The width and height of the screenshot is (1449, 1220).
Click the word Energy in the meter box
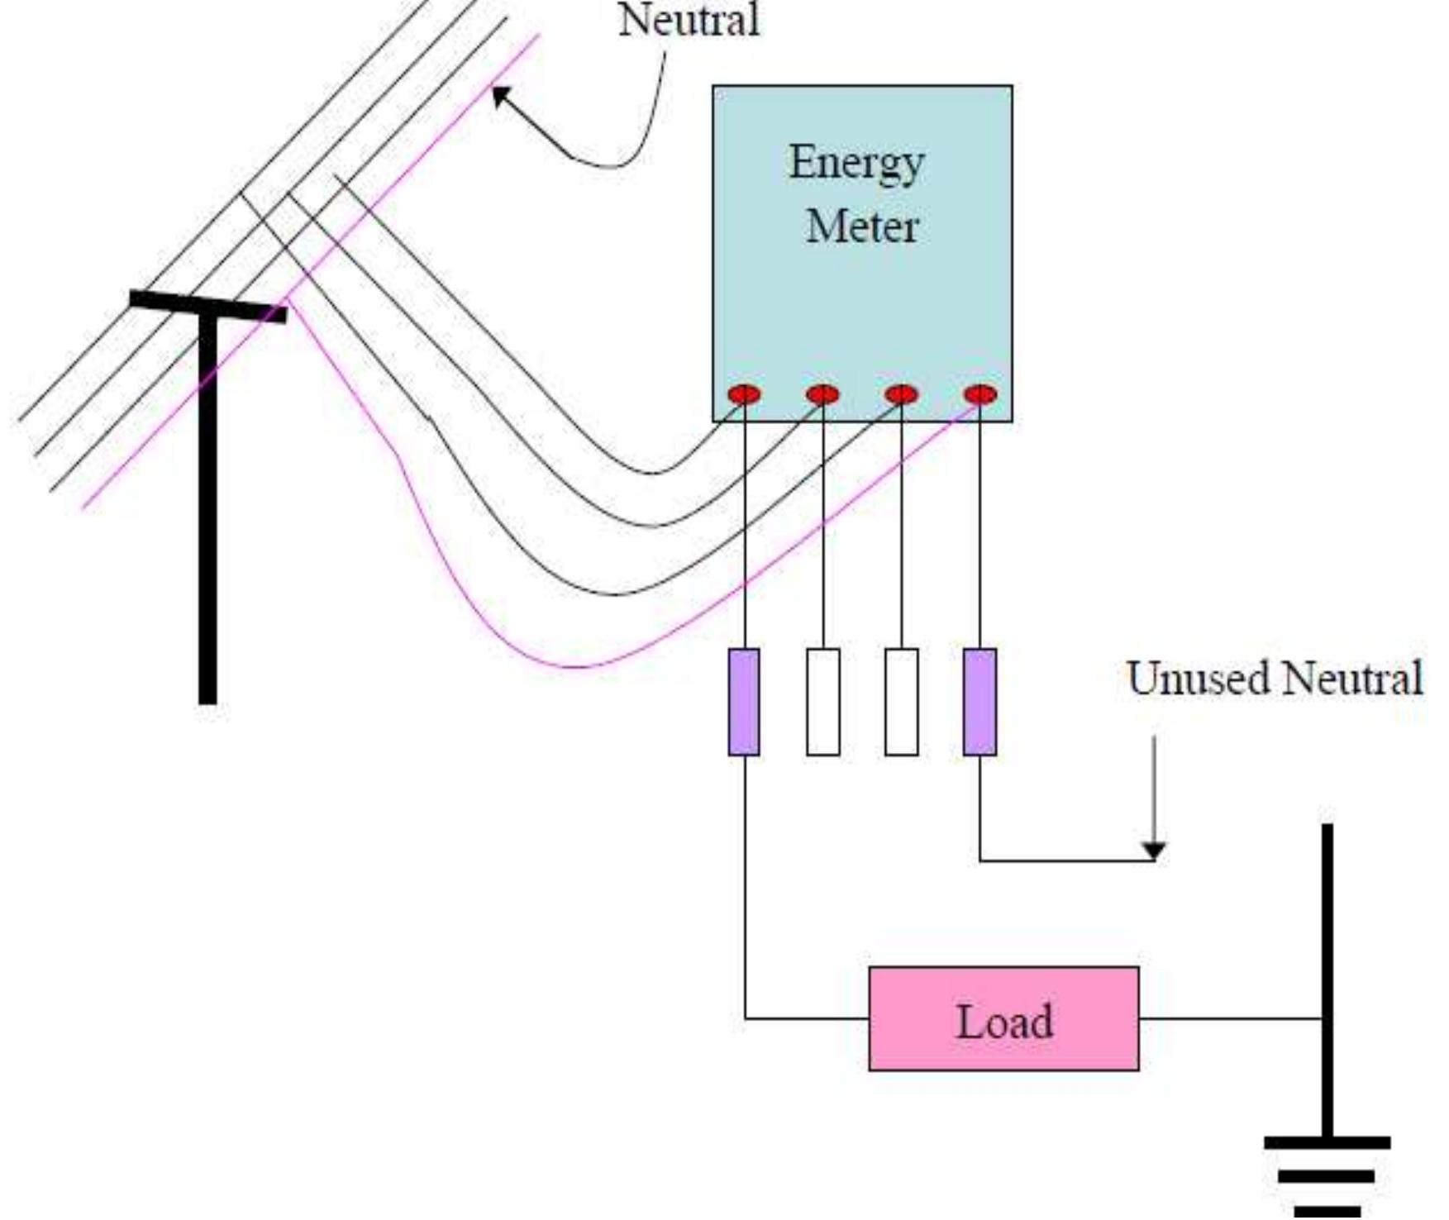pyautogui.click(x=856, y=164)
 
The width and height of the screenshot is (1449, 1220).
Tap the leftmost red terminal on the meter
pyautogui.click(x=744, y=394)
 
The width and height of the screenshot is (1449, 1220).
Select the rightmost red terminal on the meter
pyautogui.click(x=980, y=394)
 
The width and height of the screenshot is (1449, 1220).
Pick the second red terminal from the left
pyautogui.click(x=822, y=394)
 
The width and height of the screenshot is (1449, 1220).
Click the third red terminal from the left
pyautogui.click(x=901, y=394)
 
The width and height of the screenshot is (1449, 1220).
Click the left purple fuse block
pyautogui.click(x=744, y=702)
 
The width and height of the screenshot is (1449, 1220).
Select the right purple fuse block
pyautogui.click(x=980, y=702)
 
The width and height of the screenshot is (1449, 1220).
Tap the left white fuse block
pyautogui.click(x=823, y=702)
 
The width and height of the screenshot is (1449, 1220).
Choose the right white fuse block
pyautogui.click(x=901, y=702)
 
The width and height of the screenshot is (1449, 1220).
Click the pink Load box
pyautogui.click(x=1003, y=1019)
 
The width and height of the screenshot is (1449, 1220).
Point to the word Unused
pyautogui.click(x=1199, y=679)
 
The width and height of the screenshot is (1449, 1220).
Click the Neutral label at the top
pyautogui.click(x=689, y=20)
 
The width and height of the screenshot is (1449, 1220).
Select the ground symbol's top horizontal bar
pyautogui.click(x=1327, y=1143)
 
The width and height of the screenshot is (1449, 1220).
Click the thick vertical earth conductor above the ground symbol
pyautogui.click(x=1327, y=951)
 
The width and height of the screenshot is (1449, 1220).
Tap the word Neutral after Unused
pyautogui.click(x=1353, y=679)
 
